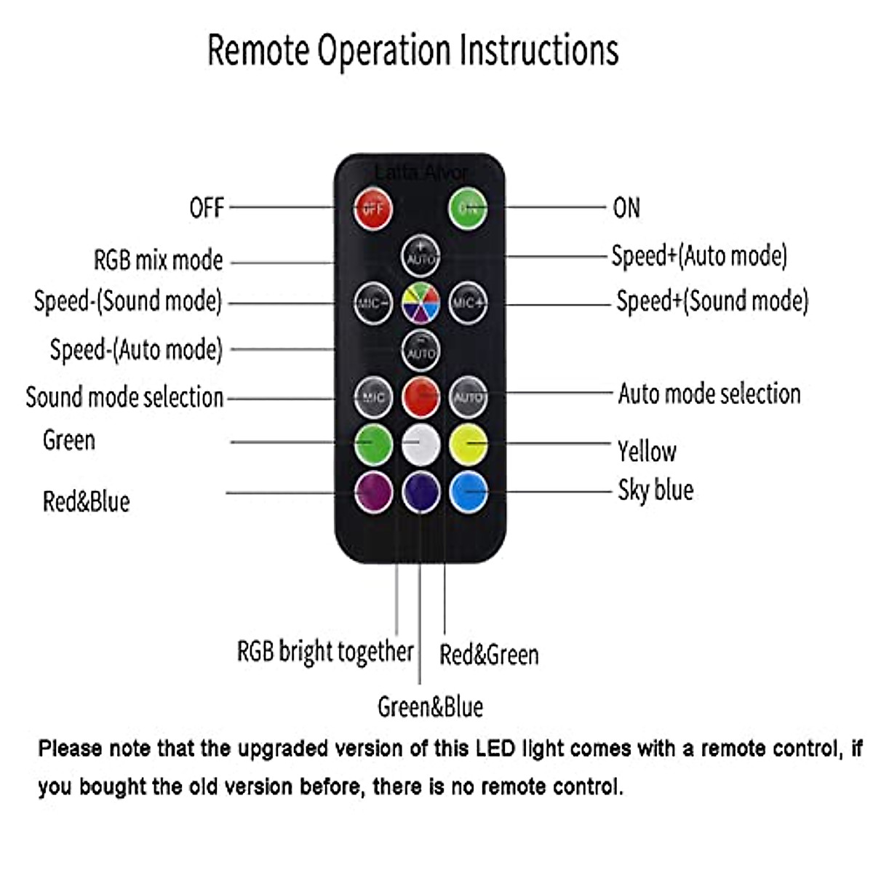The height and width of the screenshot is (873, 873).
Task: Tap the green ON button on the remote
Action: [x=467, y=209]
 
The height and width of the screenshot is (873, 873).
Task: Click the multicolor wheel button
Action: [x=420, y=303]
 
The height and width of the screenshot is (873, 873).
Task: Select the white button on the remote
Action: [x=420, y=445]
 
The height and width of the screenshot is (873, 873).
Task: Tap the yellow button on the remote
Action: [x=468, y=445]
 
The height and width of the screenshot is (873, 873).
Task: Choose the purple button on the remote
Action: [x=373, y=492]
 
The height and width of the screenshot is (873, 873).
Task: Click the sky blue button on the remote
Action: [x=468, y=492]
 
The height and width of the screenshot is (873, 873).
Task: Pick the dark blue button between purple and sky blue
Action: [x=420, y=492]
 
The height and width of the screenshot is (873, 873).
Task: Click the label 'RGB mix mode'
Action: [x=158, y=260]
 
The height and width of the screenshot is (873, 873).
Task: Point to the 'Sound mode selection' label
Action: [x=124, y=397]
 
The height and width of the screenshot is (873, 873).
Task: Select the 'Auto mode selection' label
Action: [x=709, y=394]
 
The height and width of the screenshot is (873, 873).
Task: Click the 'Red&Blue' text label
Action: [x=86, y=502]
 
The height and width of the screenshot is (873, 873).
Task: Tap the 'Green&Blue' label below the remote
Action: [x=430, y=707]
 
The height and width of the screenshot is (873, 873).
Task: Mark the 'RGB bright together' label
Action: [x=325, y=651]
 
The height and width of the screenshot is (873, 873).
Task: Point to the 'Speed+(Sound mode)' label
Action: [x=712, y=301]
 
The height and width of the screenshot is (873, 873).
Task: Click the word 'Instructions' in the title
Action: [x=539, y=50]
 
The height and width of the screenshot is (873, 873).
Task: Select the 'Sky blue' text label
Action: [x=655, y=490]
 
